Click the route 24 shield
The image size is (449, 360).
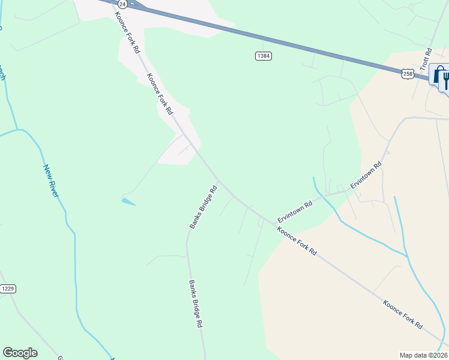[122, 4]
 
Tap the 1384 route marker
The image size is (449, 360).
[263, 56]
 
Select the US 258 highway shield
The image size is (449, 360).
[408, 73]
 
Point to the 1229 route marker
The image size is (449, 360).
[8, 289]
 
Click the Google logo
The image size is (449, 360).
[20, 353]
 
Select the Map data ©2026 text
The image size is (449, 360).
[423, 355]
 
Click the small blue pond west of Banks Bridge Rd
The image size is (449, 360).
[128, 202]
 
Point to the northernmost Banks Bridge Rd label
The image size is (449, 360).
[203, 207]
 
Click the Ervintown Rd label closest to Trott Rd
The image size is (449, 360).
[366, 175]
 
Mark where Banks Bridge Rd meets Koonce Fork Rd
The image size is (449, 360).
[218, 180]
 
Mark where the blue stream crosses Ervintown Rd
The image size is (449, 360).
[323, 196]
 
